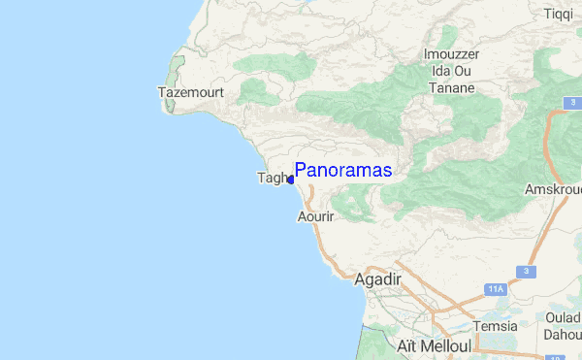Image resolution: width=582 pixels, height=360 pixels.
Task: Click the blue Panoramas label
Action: tap(343, 170)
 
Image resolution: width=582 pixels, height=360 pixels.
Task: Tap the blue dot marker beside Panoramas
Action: tap(290, 180)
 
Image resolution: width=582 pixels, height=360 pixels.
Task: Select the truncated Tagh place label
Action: tap(271, 178)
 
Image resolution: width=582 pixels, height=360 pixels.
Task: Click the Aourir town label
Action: tap(315, 217)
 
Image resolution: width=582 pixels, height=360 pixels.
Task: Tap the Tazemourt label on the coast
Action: tap(192, 92)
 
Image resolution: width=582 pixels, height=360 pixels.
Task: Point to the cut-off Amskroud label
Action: tap(554, 189)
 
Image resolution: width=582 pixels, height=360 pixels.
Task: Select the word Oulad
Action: tap(563, 316)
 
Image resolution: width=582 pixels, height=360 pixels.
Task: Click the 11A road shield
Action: tap(496, 289)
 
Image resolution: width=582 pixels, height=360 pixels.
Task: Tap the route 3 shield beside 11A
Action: tap(526, 272)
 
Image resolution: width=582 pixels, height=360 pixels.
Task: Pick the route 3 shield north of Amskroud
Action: tap(574, 102)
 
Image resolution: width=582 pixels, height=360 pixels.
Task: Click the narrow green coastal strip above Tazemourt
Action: tap(177, 68)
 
